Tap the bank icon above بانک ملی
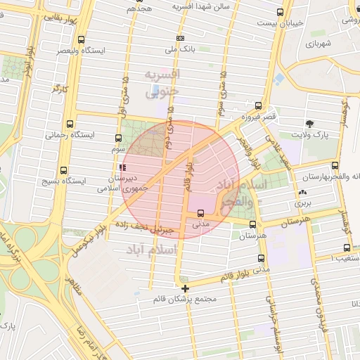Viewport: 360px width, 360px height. coord(181,39)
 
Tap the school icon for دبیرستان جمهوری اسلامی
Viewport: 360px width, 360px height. coord(124,167)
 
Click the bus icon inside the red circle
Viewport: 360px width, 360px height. coord(201,213)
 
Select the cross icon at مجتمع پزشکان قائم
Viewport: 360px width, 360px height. coord(185,288)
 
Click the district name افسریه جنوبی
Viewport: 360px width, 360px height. coord(162,82)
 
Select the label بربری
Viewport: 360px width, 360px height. coord(303,202)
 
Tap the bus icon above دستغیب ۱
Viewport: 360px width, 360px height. coord(347,247)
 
